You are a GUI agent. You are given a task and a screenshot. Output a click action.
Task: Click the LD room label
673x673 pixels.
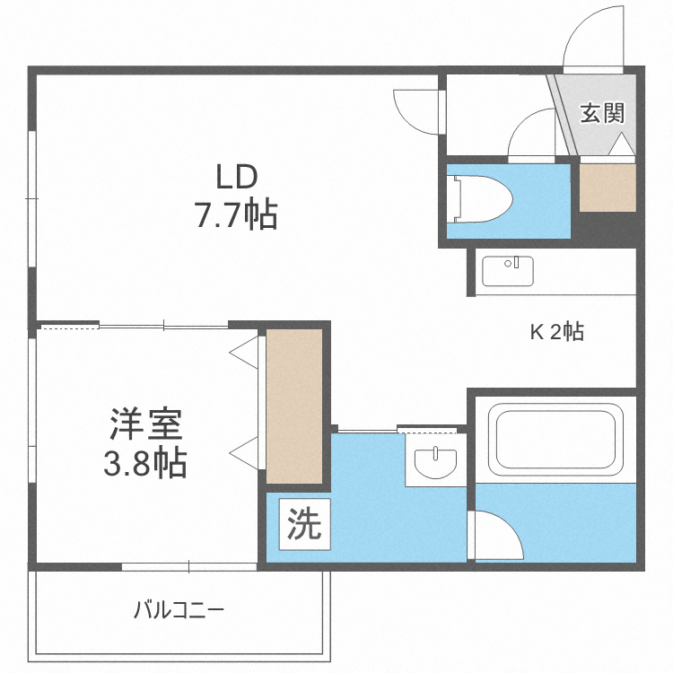coord(236,173)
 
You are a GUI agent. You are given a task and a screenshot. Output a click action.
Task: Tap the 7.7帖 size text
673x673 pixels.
coord(236,215)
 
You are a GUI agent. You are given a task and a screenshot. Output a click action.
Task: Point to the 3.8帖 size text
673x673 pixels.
coord(146,463)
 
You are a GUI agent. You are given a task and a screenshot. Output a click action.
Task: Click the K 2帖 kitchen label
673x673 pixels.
coord(556,332)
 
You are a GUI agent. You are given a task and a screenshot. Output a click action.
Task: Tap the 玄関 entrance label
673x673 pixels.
coord(601,114)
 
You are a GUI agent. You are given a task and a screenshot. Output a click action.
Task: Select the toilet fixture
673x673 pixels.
coord(480,196)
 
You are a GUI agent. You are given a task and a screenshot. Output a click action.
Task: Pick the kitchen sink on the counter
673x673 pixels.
coord(507,269)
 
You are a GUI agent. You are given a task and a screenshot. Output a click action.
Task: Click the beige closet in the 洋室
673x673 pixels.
coord(294,406)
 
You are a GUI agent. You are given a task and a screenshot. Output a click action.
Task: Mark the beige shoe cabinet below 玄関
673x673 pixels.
coord(607,186)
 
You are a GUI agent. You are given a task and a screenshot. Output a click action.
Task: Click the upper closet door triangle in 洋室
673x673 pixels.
coord(245,352)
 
